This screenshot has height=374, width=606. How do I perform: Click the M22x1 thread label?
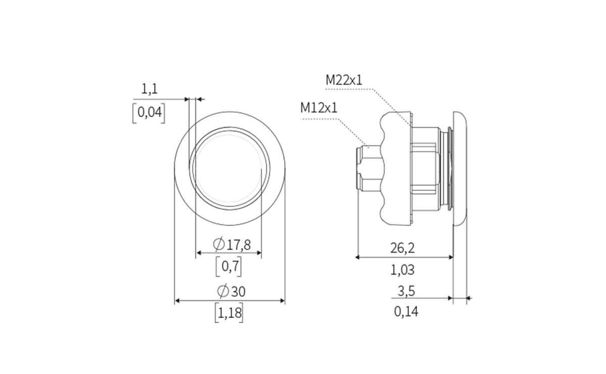[344, 80]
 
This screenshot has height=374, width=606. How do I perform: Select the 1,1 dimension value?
[149, 89]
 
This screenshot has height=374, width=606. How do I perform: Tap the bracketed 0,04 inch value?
[148, 113]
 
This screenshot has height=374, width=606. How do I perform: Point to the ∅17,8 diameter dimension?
[232, 245]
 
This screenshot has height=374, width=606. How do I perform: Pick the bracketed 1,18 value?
[229, 313]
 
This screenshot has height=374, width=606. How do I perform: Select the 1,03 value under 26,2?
[402, 270]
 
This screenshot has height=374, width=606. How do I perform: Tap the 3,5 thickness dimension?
[406, 291]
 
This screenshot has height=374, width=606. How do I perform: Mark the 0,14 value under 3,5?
[406, 311]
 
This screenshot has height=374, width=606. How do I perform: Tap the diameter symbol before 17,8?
[219, 245]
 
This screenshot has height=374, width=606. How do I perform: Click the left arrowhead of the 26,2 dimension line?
[358, 257]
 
